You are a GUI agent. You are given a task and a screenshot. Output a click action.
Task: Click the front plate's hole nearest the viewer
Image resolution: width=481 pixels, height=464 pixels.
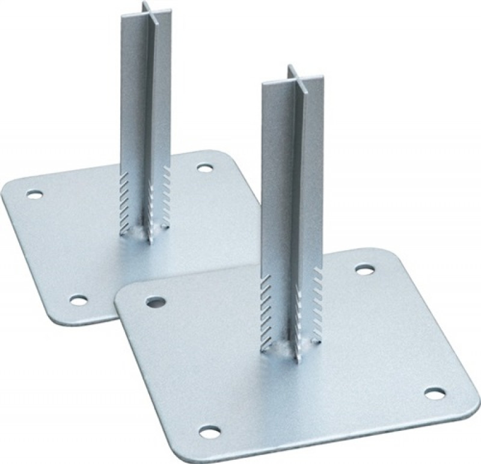(x=209, y=431)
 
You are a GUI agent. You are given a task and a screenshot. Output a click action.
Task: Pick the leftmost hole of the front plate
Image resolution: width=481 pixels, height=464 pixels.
(x=155, y=300)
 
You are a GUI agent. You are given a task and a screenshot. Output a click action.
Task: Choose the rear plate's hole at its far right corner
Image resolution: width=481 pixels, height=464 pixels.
(x=205, y=168)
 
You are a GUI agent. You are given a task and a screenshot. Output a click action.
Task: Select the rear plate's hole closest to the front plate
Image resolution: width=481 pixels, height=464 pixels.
(x=78, y=299)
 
